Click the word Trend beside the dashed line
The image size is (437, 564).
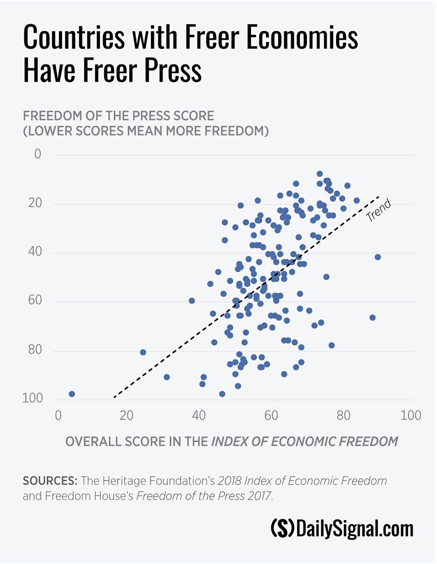(x=378, y=211)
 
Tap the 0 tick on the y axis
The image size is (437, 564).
(x=37, y=154)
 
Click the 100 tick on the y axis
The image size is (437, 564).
(x=32, y=398)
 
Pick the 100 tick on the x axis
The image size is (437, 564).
(x=411, y=416)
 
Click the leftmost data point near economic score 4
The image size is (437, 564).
(x=72, y=394)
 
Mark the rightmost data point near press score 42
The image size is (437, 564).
(x=378, y=257)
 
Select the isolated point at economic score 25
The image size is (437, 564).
(x=143, y=352)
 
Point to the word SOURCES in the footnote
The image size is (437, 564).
(x=50, y=481)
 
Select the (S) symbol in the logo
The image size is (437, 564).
(x=282, y=529)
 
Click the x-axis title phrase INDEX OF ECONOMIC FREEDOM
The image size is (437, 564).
(x=304, y=442)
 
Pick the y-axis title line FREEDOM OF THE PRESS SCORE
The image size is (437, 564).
(x=118, y=116)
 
